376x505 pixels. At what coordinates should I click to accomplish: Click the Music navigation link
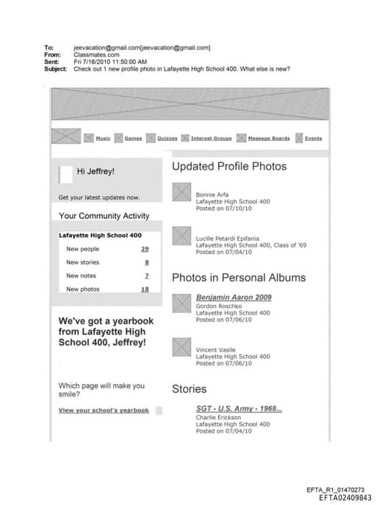103,138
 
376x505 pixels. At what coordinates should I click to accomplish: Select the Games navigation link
133,138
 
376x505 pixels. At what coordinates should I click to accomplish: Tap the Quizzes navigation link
167,138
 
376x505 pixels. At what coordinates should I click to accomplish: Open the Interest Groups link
211,138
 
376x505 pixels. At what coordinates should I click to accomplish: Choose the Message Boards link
268,138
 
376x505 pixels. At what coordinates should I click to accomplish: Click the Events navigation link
313,138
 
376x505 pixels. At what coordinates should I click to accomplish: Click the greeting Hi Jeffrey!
95,172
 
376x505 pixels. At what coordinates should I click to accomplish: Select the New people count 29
145,249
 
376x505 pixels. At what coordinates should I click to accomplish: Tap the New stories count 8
146,262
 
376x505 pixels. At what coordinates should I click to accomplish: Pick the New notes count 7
146,276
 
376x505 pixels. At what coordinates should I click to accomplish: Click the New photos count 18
145,289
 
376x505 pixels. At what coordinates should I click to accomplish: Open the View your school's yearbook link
104,410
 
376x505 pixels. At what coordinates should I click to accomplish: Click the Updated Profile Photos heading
229,167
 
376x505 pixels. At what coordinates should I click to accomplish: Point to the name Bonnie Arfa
211,195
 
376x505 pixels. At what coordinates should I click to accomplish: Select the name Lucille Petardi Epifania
227,239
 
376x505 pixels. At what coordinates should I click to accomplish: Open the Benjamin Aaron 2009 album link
234,297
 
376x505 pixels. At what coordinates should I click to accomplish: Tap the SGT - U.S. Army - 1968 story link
239,409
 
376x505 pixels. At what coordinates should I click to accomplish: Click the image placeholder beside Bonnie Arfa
181,192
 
